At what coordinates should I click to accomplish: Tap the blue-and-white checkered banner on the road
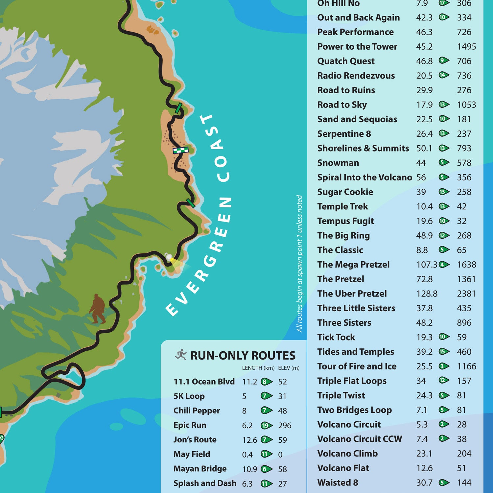click(181, 151)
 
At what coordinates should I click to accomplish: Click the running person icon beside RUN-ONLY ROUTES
click(181, 355)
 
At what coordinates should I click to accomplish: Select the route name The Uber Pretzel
click(352, 293)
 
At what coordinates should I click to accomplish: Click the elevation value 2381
click(466, 293)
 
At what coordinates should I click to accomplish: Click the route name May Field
click(192, 454)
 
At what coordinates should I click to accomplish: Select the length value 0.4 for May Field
click(247, 455)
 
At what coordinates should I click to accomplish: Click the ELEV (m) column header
click(289, 368)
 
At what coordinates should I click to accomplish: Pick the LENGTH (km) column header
click(258, 368)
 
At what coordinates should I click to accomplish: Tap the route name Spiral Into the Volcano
click(364, 177)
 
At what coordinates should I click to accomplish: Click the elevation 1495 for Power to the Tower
click(466, 47)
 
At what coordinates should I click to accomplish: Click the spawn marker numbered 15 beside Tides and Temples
click(444, 352)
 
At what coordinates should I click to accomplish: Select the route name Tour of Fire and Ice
click(357, 366)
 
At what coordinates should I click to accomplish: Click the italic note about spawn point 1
click(299, 263)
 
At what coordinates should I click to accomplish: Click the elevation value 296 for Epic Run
click(284, 425)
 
